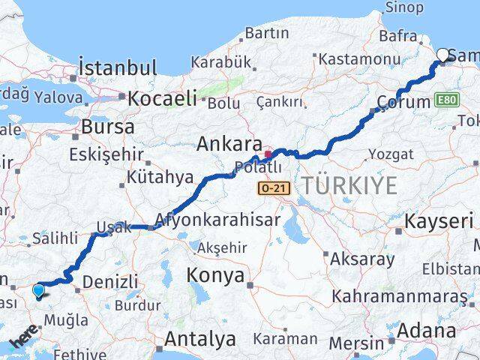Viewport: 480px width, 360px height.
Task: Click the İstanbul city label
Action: click(118, 67)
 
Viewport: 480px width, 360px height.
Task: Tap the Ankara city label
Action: click(229, 144)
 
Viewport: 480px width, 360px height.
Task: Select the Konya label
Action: click(217, 275)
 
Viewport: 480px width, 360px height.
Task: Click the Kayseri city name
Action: click(438, 221)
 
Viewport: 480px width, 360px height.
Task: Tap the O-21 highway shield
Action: click(271, 188)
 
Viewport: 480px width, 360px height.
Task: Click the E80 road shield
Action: click(443, 100)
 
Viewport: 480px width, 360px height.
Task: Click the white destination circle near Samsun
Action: click(443, 54)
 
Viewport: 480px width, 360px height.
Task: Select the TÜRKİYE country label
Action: click(349, 185)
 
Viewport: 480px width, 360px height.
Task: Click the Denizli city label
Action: click(111, 281)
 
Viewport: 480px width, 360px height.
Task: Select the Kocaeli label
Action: click(162, 97)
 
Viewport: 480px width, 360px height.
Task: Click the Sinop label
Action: click(403, 7)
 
